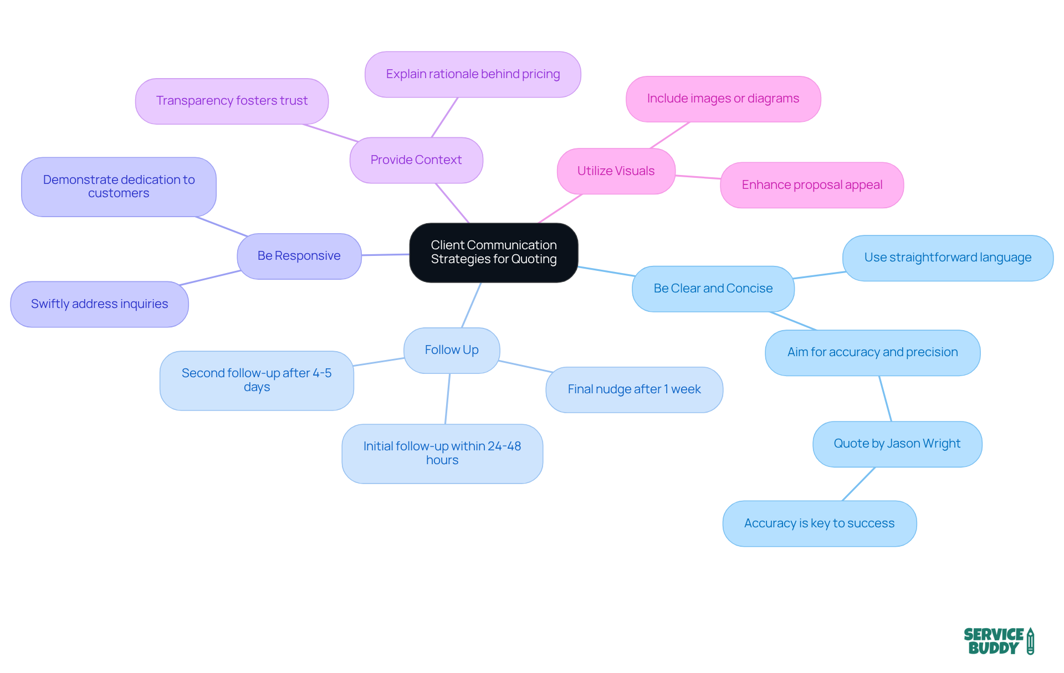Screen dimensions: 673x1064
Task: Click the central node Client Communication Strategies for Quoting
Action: (493, 253)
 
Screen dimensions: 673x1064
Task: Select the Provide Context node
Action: (416, 160)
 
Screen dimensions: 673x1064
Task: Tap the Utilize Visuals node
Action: (616, 171)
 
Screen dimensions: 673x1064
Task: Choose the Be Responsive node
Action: (299, 256)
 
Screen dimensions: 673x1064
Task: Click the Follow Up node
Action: (452, 350)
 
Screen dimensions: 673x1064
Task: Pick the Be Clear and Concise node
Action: (713, 289)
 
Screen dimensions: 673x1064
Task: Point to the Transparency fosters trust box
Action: (232, 101)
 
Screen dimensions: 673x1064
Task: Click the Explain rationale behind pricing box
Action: (473, 74)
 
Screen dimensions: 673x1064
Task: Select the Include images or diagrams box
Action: (723, 99)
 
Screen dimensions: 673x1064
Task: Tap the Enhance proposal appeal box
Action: (812, 185)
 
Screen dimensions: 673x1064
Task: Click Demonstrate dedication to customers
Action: (119, 187)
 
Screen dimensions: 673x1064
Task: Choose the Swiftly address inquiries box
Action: (99, 304)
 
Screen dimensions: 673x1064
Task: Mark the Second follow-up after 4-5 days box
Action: (257, 380)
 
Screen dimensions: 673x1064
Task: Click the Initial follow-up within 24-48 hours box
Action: (442, 453)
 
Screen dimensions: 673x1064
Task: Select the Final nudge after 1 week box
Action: (634, 389)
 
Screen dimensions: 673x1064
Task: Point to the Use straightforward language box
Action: (948, 258)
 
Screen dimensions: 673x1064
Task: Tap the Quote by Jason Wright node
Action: (897, 444)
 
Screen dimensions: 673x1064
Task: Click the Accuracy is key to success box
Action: (819, 523)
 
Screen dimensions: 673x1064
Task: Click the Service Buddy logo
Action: (998, 641)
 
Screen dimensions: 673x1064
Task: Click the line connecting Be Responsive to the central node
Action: (386, 255)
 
